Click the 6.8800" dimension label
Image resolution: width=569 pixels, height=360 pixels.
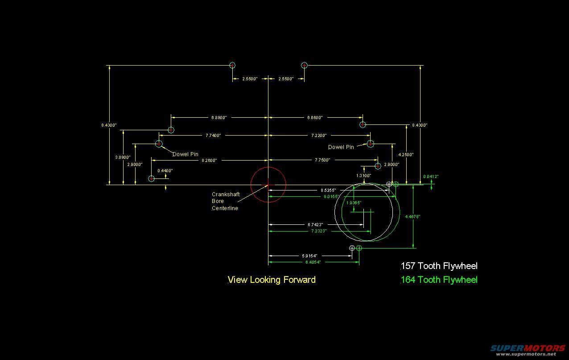[219, 118]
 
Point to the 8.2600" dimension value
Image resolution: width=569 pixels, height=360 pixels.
[209, 160]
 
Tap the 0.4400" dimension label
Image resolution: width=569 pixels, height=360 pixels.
[165, 171]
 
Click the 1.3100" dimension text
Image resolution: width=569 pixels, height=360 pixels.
[363, 176]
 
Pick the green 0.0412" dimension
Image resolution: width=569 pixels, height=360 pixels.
[431, 177]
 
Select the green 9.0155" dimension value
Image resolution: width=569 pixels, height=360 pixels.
[330, 196]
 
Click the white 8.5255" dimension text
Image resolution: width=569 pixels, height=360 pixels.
[328, 190]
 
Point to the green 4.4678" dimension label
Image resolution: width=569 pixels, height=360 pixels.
[412, 216]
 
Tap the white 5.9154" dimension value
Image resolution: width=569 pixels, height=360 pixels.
[309, 256]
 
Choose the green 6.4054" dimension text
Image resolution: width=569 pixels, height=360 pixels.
[313, 262]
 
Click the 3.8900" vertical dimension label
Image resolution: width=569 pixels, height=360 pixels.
[123, 157]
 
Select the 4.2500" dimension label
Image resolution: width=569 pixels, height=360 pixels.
[406, 155]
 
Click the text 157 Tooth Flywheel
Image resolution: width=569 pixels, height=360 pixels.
[439, 266]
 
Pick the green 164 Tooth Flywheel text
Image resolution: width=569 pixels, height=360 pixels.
[439, 280]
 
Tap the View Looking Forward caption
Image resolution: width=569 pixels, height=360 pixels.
[272, 280]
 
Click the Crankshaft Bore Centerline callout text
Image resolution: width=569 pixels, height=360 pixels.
[226, 201]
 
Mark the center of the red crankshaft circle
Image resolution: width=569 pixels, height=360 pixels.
[268, 185]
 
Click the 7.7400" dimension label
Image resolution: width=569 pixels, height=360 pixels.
[213, 135]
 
